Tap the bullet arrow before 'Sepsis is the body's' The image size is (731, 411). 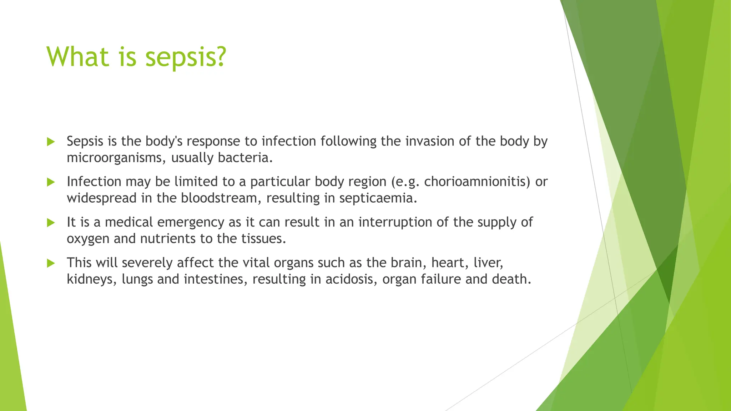coord(51,142)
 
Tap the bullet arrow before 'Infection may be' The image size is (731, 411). coord(51,182)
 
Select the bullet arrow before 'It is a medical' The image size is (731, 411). coord(51,223)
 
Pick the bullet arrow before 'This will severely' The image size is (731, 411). coord(51,263)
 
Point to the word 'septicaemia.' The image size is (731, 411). coord(378,198)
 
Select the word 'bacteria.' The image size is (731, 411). coord(245,158)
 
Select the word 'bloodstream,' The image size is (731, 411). coord(221,198)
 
